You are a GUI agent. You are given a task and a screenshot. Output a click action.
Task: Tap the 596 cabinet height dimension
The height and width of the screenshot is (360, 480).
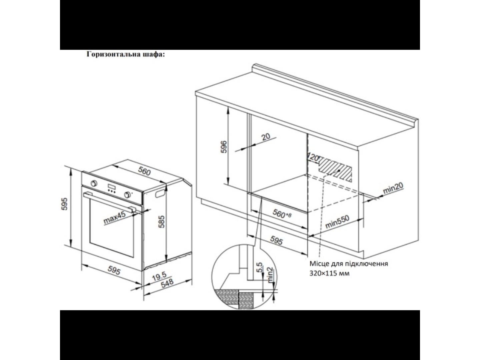(224, 147)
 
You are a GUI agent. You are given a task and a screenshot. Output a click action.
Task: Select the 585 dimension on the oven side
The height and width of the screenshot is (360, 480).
(161, 222)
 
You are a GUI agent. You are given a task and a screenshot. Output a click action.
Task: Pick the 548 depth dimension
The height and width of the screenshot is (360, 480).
(167, 283)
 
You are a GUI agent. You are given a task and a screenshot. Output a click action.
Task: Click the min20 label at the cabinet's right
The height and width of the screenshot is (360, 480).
(393, 188)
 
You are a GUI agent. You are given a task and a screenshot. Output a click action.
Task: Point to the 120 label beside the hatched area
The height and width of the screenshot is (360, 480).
(313, 157)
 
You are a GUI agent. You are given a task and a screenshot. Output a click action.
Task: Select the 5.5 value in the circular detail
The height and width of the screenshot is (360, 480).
(260, 267)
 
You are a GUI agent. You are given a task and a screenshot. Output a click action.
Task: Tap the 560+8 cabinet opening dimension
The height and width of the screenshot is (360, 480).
(282, 214)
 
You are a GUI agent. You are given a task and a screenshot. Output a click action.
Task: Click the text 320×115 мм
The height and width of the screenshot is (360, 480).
(329, 273)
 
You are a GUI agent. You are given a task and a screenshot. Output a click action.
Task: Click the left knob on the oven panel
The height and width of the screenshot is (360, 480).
(94, 183)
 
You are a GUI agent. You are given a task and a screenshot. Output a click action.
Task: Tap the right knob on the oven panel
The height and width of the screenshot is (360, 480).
(127, 195)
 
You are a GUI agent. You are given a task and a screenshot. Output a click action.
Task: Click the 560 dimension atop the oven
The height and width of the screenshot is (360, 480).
(144, 171)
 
